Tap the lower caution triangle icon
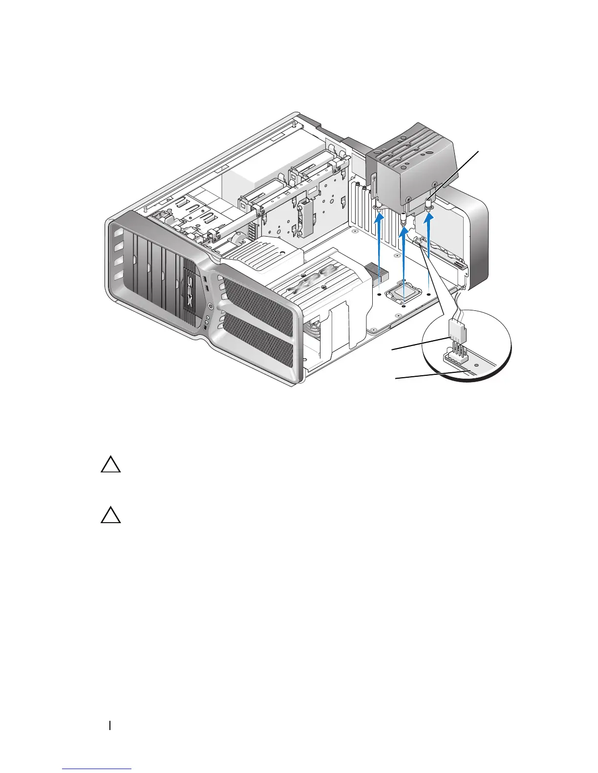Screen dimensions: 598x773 coord(111,515)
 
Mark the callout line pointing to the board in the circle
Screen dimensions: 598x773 coord(430,375)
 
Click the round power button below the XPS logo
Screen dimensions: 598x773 coord(210,307)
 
